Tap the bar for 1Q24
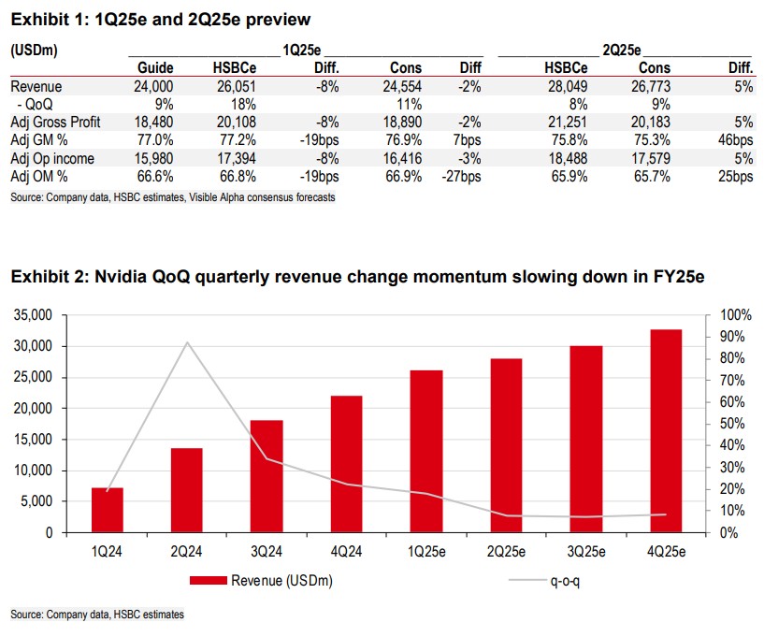pyautogui.click(x=107, y=510)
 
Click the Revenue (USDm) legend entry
pyautogui.click(x=261, y=581)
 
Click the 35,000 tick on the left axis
pyautogui.click(x=37, y=315)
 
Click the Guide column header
pyautogui.click(x=156, y=68)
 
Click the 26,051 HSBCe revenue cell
pyautogui.click(x=233, y=86)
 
